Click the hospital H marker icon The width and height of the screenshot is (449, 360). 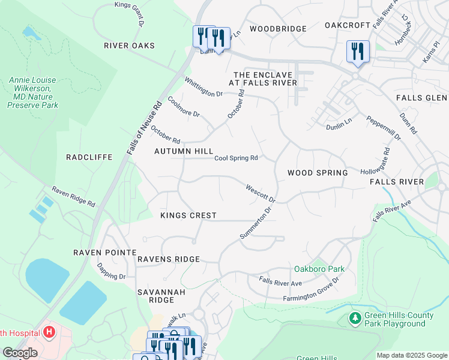tap(49, 332)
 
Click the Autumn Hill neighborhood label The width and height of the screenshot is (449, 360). tap(184, 151)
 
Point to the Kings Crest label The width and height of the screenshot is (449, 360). tap(188, 215)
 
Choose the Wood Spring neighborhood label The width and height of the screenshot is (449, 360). tap(318, 173)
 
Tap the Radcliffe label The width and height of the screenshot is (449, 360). tap(89, 157)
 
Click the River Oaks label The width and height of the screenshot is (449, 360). tap(129, 46)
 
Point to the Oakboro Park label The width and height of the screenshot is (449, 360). tap(319, 269)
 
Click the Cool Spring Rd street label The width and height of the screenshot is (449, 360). tap(237, 158)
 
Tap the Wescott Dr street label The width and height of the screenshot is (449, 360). tap(260, 193)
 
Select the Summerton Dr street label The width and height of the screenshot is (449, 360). tap(256, 223)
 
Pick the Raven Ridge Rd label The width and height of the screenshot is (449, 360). tap(73, 196)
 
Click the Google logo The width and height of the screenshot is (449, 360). tap(20, 353)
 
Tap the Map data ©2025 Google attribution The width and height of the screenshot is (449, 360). tap(411, 355)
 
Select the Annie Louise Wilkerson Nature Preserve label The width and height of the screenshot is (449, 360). tap(32, 92)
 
